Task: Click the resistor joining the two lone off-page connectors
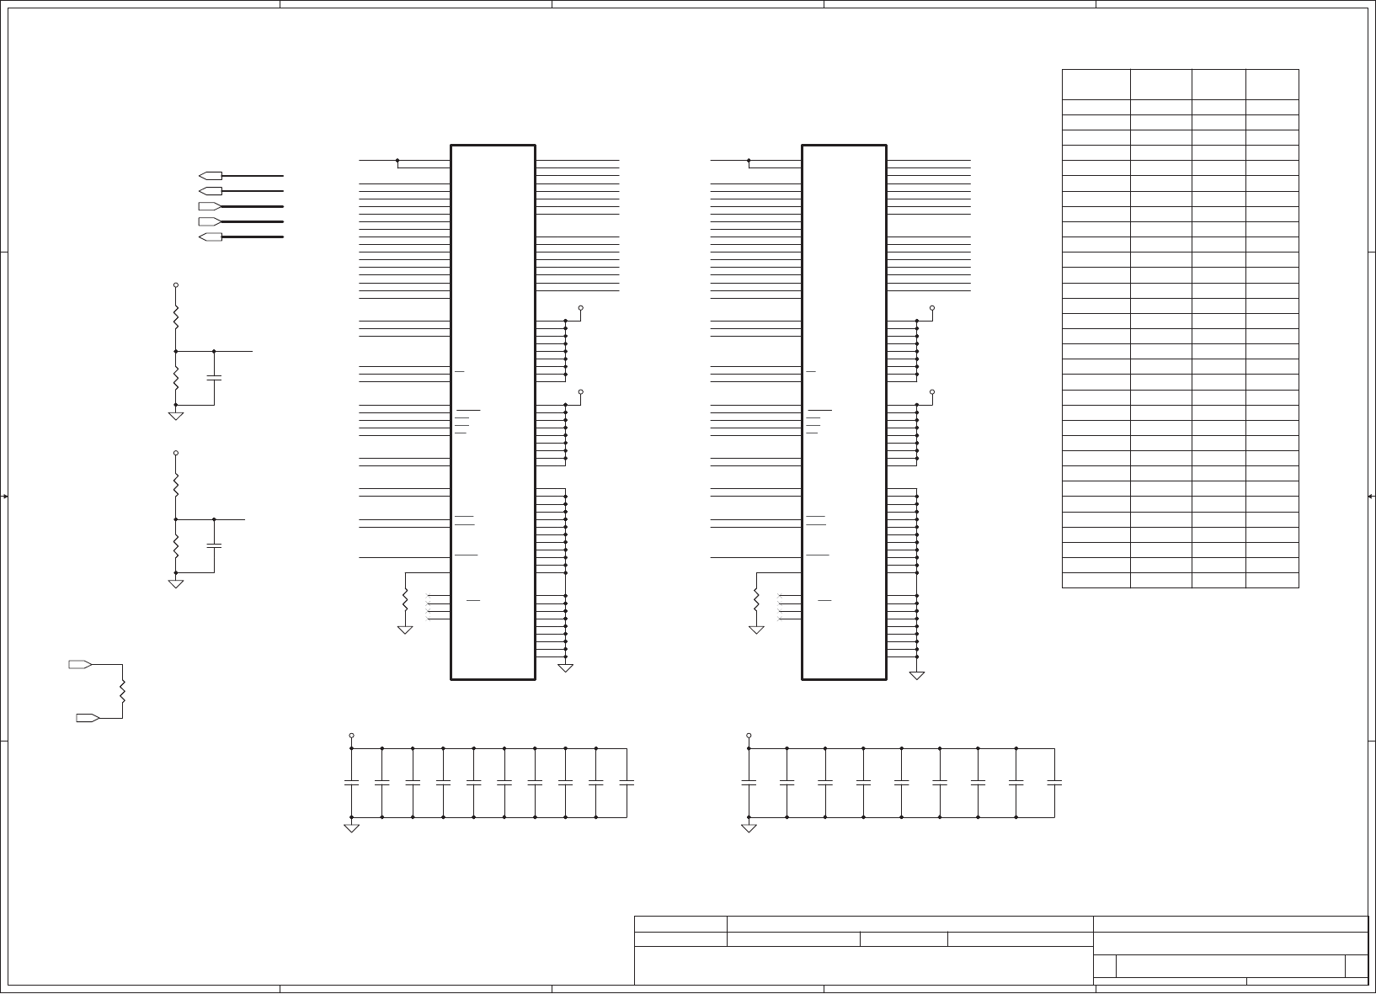click(123, 691)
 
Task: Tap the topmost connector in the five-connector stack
click(211, 176)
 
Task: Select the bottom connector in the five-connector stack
click(211, 237)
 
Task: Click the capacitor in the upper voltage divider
click(214, 378)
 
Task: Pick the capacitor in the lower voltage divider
click(214, 545)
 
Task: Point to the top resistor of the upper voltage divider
click(176, 318)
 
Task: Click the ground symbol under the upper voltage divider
click(176, 416)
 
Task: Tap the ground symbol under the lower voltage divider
click(176, 583)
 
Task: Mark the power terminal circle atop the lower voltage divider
click(176, 453)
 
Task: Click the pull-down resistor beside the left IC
click(405, 600)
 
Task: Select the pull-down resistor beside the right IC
click(756, 600)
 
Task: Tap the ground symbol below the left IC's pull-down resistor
click(405, 630)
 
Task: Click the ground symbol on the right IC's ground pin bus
click(917, 675)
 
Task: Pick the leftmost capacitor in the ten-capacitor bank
click(352, 783)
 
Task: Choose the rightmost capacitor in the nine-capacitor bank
click(1054, 783)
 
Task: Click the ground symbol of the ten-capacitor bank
click(352, 828)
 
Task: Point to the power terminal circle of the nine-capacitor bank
click(749, 735)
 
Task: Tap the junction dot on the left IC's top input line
click(397, 160)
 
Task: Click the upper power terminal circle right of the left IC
click(581, 308)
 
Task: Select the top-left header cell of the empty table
click(1096, 85)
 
